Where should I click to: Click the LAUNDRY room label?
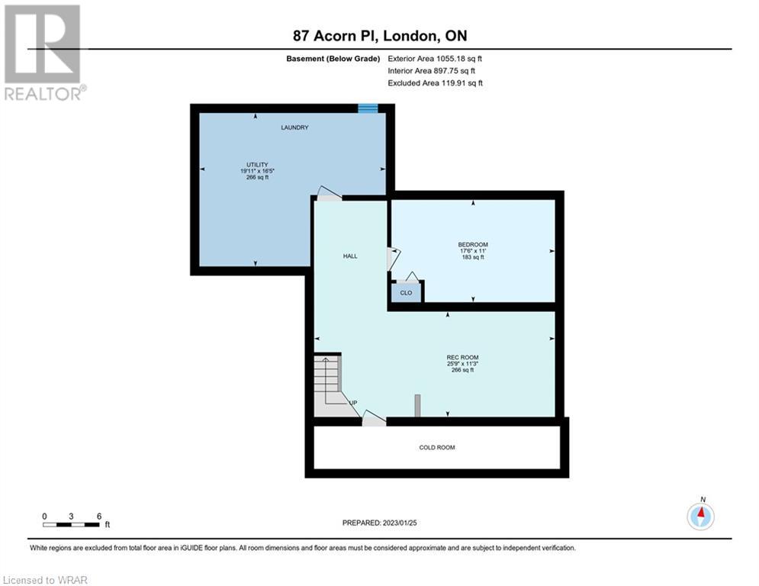coord(294,127)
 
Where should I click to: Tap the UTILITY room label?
coord(257,165)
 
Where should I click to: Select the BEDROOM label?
coord(473,245)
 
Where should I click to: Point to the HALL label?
coord(350,256)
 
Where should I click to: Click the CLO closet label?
coord(406,292)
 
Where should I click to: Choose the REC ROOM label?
coord(462,357)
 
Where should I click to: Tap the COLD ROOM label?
coord(436,447)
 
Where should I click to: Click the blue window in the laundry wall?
coord(368,108)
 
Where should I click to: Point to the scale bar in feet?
coord(71,524)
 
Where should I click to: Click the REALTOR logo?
coord(43,53)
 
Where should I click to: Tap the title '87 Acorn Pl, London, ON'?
coord(380,36)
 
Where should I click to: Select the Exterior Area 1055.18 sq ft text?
coord(435,59)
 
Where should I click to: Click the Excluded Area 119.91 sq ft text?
coord(435,83)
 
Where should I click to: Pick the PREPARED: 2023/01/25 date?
coord(380,523)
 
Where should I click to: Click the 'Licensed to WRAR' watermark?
coord(45,580)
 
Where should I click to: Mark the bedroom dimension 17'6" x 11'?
coord(473,251)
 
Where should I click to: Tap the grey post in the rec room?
coord(417,405)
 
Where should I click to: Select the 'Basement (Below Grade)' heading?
coord(333,59)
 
